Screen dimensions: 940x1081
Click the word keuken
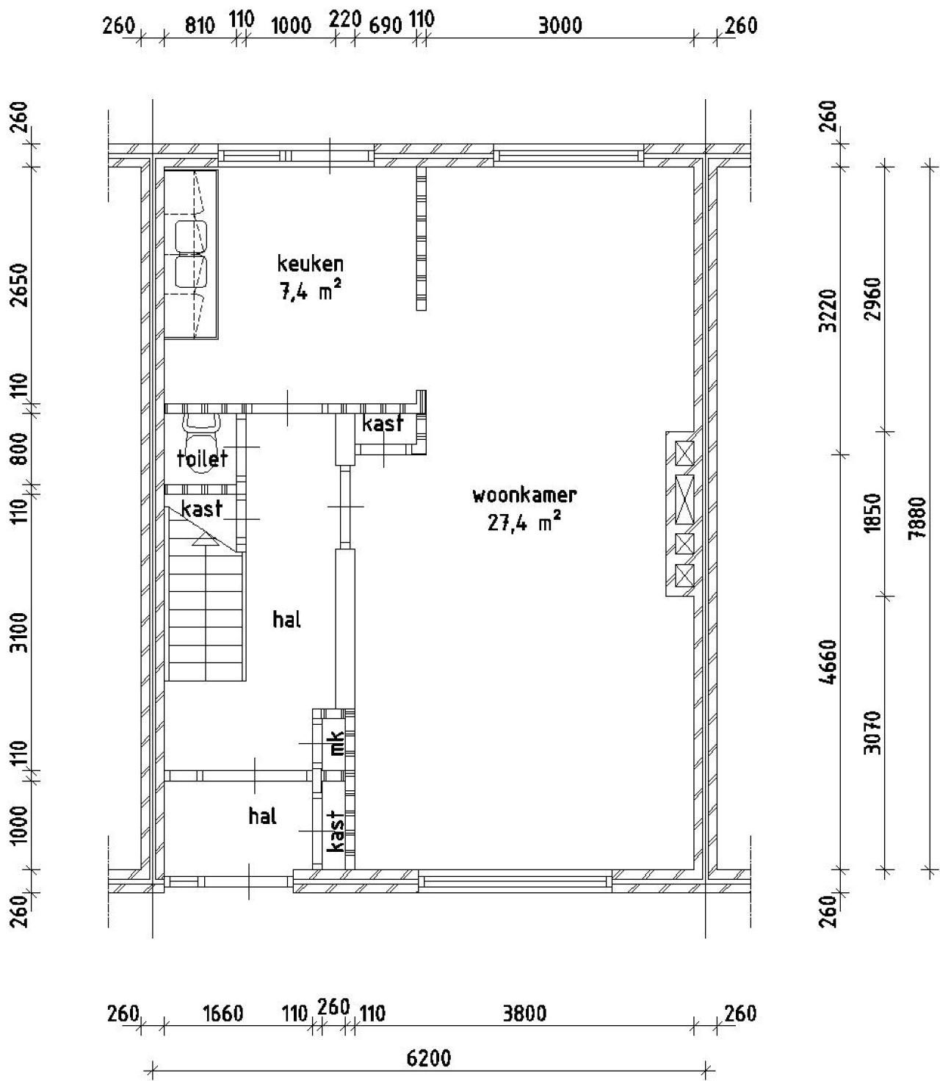click(310, 263)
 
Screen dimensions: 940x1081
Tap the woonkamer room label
click(524, 495)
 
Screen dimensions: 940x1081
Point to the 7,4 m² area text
click(310, 289)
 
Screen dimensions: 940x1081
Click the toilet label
click(203, 458)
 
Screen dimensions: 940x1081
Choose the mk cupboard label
click(336, 742)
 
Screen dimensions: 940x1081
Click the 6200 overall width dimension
click(429, 1054)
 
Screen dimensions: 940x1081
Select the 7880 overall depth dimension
click(917, 517)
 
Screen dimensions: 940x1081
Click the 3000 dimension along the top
click(560, 25)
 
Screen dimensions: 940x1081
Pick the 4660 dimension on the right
click(830, 662)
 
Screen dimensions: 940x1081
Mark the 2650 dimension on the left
click(20, 286)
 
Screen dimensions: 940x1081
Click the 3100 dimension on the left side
click(20, 632)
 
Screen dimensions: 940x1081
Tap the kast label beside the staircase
click(202, 508)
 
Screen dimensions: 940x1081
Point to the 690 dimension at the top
click(386, 25)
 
